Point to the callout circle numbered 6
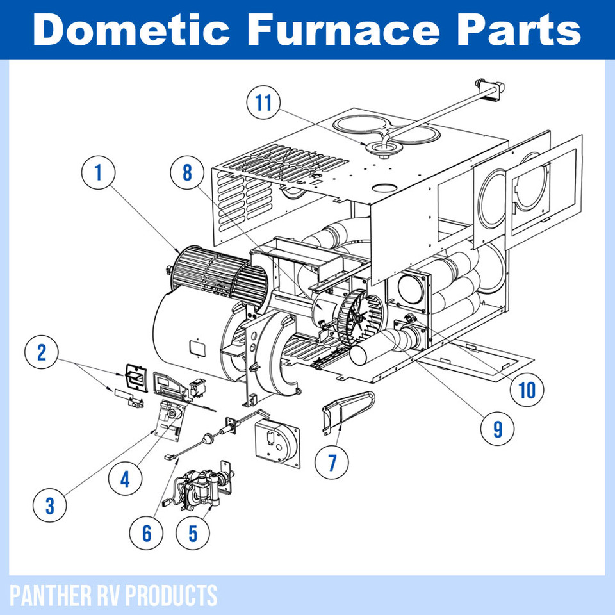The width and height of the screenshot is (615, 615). tap(147, 533)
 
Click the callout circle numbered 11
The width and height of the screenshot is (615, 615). tap(265, 102)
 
